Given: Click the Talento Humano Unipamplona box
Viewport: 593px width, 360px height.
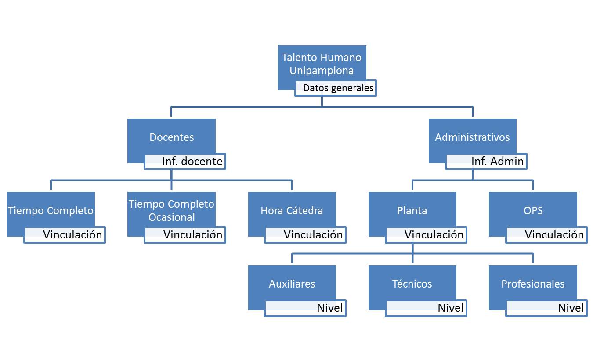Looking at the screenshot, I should [322, 64].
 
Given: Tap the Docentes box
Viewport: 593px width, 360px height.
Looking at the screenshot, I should [171, 137].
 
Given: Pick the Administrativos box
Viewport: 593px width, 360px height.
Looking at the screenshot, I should [472, 137].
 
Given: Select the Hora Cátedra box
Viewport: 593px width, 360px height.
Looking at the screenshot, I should [292, 210].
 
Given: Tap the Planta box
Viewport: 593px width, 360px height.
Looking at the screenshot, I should [412, 210].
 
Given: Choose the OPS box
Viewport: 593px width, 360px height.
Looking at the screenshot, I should [533, 210].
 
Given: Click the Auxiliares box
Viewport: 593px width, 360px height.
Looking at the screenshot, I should [292, 284].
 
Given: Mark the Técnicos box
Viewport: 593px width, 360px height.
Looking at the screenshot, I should [412, 284].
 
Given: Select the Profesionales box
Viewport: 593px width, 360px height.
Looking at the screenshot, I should [533, 284].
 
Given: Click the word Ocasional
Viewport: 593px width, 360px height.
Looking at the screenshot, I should [171, 217].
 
